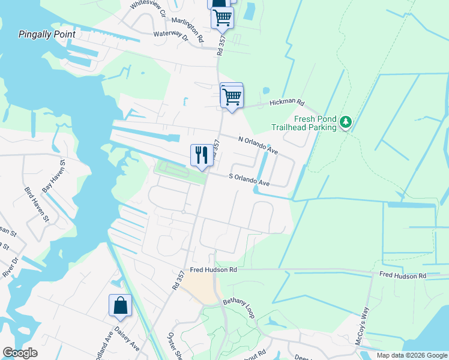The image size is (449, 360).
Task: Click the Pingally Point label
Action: [47, 34]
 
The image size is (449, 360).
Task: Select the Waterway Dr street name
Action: [170, 37]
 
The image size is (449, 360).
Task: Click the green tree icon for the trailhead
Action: [345, 122]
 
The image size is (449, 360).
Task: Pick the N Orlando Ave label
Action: [258, 145]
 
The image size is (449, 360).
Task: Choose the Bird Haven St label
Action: [36, 204]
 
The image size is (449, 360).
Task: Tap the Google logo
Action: [20, 353]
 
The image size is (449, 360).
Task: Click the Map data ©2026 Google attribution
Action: [412, 355]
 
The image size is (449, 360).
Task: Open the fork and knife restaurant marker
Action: [201, 155]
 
